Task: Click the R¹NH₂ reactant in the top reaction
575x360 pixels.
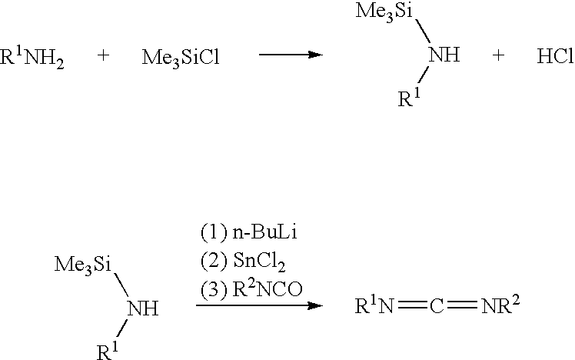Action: [x=32, y=57]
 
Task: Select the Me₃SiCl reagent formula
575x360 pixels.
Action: [x=181, y=58]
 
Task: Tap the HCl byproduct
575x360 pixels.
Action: [x=555, y=56]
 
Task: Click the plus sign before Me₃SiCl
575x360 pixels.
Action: [x=104, y=55]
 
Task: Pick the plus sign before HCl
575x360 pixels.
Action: [x=498, y=55]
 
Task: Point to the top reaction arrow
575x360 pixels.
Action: [x=291, y=55]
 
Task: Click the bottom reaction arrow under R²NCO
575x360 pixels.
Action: [x=259, y=305]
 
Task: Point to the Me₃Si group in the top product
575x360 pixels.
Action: [x=384, y=12]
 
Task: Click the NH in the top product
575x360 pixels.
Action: [x=444, y=55]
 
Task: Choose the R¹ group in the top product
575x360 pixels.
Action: [x=409, y=98]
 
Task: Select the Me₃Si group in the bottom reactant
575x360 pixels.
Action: [x=82, y=265]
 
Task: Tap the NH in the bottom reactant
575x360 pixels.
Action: [x=143, y=308]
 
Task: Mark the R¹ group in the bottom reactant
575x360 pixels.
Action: [x=108, y=351]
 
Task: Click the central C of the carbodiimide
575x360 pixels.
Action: [x=437, y=306]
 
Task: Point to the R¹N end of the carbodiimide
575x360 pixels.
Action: [x=374, y=305]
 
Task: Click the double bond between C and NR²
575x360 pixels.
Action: [x=463, y=305]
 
